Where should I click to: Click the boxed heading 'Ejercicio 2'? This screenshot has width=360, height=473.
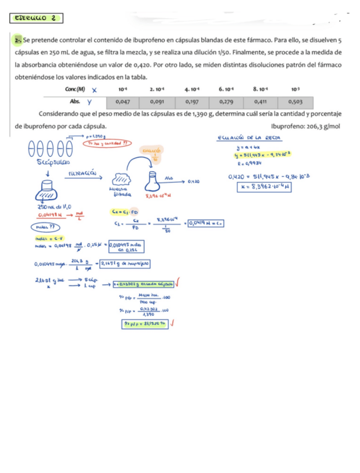pos(36,19)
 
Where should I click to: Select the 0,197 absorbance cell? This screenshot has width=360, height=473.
pos(192,102)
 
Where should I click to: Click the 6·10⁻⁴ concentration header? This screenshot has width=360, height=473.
pos(226,89)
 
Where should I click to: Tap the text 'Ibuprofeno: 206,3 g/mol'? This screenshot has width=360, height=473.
pos(308,126)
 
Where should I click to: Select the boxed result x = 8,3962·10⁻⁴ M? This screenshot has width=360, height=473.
pos(265,187)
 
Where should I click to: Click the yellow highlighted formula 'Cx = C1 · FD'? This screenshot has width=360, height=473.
pos(121,212)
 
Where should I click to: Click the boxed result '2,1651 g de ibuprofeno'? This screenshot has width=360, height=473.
pos(129,263)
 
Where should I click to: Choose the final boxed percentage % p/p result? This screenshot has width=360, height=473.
pos(144,323)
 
